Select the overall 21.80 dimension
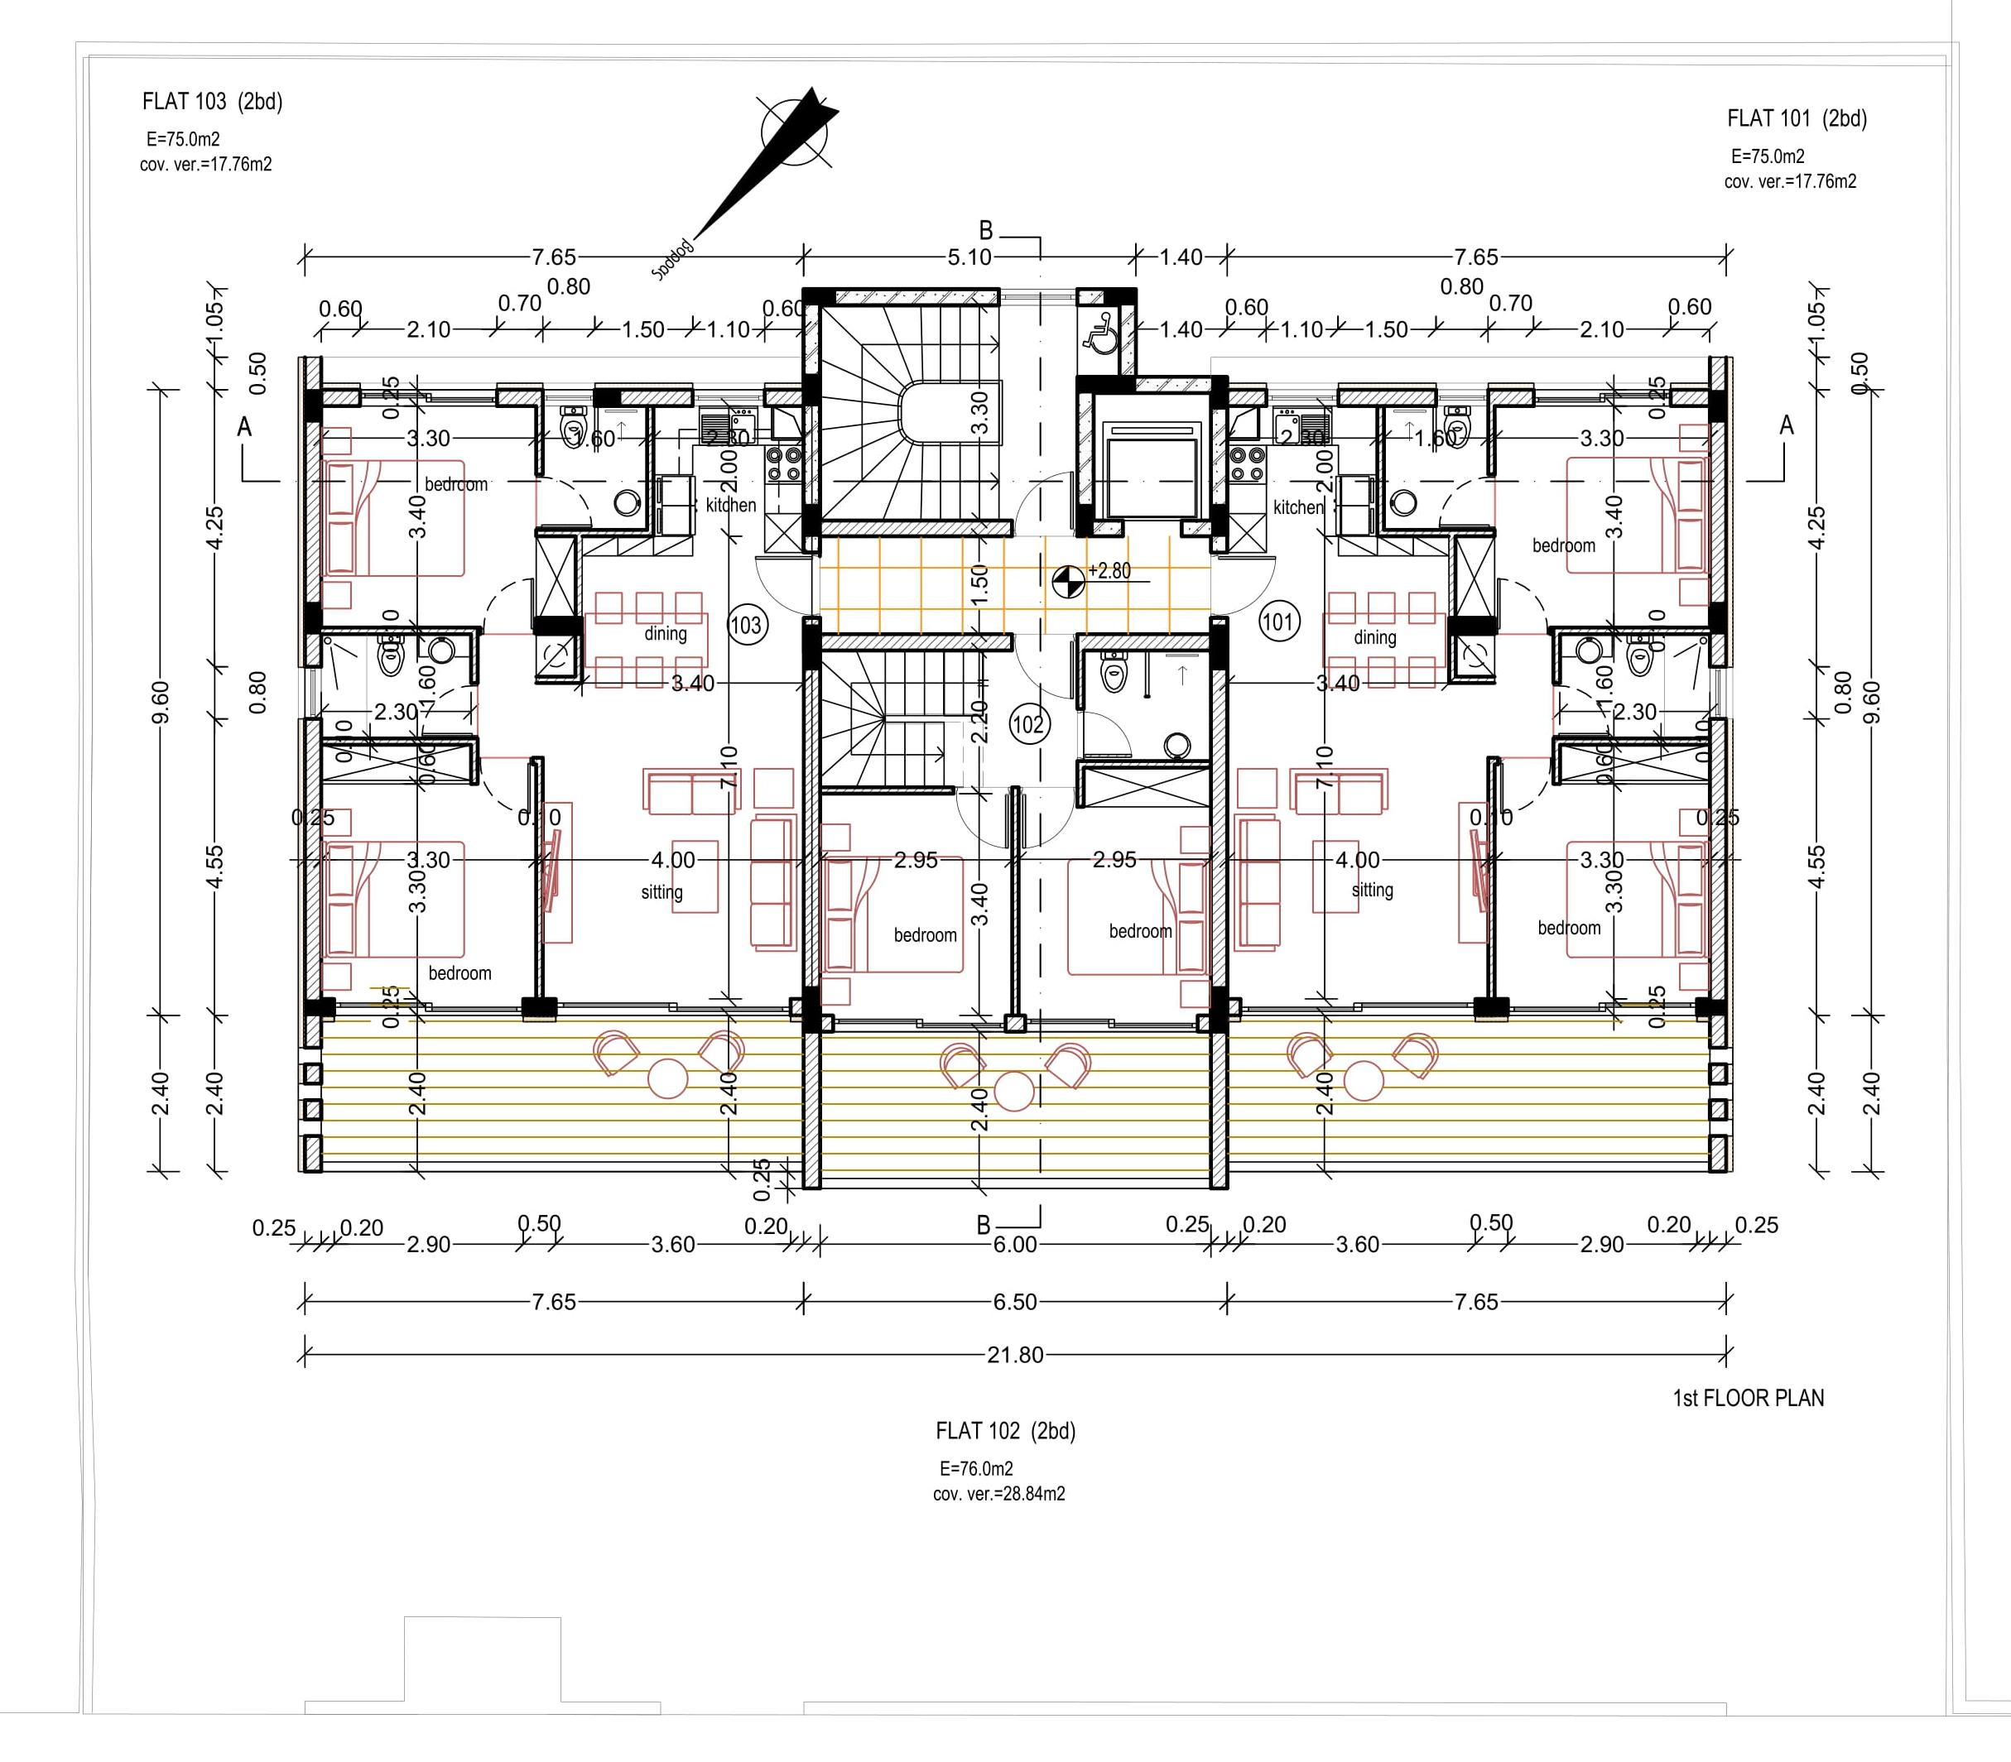point(1015,1355)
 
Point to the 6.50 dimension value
point(1015,1302)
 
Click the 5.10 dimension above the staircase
point(969,257)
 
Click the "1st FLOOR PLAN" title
point(1748,1398)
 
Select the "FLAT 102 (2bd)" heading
point(1005,1432)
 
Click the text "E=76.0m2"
point(975,1469)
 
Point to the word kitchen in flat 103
point(731,506)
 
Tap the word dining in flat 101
point(1375,637)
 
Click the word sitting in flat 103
point(662,892)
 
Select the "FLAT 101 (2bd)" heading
point(1797,119)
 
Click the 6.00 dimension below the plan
point(1015,1245)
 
